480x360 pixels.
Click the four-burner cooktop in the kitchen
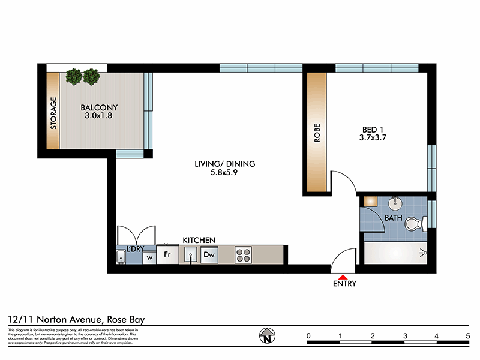(x=243, y=254)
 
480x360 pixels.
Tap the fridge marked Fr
(x=169, y=254)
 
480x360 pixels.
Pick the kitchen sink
(x=191, y=256)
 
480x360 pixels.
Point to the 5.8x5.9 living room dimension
(x=225, y=173)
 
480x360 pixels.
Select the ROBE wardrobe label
(x=317, y=132)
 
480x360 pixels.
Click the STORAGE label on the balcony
(x=53, y=113)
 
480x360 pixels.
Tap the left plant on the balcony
(x=74, y=76)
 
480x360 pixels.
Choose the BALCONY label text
(x=98, y=109)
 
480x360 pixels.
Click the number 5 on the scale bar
(x=467, y=335)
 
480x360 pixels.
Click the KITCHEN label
(x=199, y=240)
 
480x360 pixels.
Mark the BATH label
(x=393, y=218)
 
